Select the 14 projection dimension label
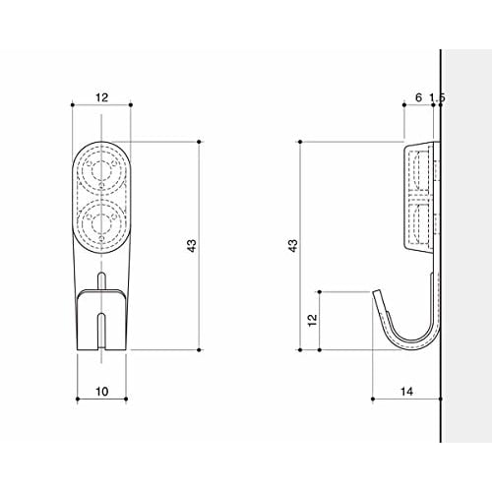point(406,393)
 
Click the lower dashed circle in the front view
point(101,221)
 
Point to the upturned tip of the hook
point(375,292)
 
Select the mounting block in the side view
point(420,197)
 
